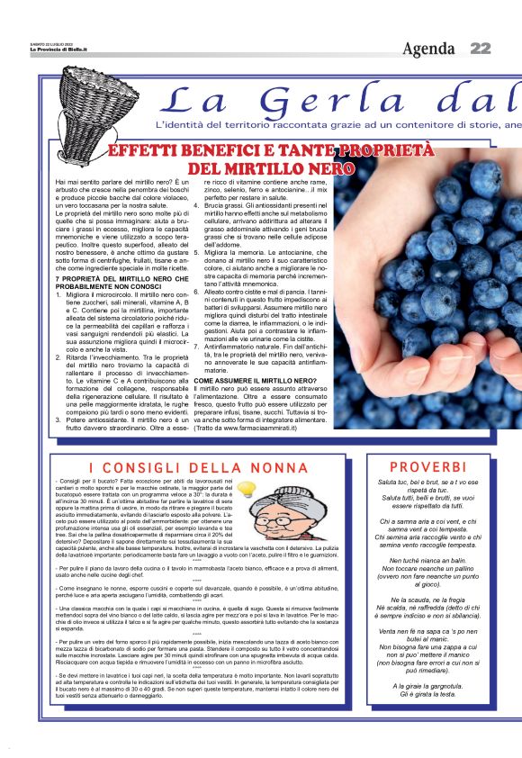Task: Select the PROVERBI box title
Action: click(428, 466)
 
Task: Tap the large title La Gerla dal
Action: click(342, 99)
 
